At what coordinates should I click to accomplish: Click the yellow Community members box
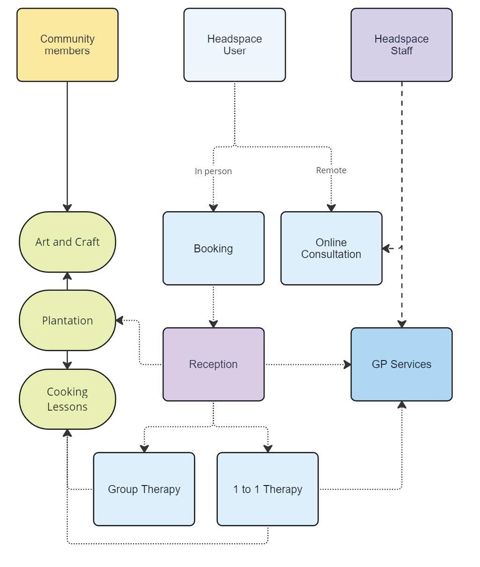point(67,45)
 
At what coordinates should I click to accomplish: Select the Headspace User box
point(235,45)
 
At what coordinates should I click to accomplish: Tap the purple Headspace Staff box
point(401,45)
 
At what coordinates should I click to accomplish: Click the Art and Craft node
point(67,242)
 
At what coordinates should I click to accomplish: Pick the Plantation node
point(67,321)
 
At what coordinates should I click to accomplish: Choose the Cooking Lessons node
point(67,399)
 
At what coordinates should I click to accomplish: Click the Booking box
point(214,248)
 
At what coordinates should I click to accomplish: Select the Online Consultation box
point(331,248)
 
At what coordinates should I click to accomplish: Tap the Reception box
point(214,364)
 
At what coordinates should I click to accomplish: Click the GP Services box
point(401,364)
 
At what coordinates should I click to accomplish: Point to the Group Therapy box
point(144,489)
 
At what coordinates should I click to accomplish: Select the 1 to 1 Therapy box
point(268,489)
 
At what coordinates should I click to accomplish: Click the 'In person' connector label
point(213,171)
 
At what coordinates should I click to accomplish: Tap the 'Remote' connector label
point(331,170)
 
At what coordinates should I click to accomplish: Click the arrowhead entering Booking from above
point(214,207)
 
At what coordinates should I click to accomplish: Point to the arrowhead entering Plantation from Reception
point(120,321)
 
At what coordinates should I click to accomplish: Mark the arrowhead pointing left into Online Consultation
point(387,248)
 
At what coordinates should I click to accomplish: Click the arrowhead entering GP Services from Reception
point(347,364)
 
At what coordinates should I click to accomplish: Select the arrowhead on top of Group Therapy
point(144,448)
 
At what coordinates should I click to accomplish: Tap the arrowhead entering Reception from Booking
point(214,324)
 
